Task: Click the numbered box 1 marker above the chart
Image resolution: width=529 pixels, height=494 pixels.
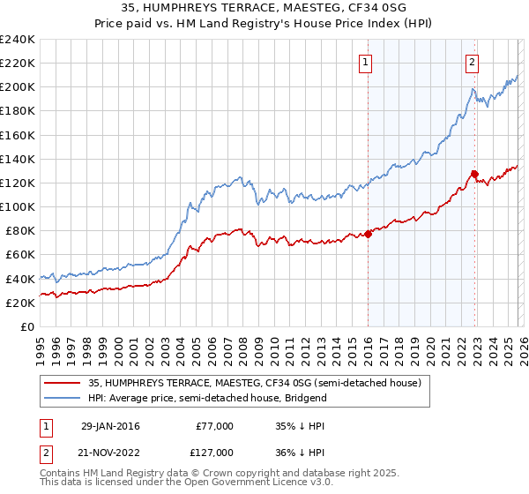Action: point(365,62)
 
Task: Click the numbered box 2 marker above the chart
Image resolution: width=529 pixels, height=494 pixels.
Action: point(473,62)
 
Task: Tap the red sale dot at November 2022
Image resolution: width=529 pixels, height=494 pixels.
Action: point(474,174)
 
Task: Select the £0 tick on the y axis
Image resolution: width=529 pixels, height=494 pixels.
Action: point(26,326)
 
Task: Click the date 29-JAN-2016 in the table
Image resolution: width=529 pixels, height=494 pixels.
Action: point(110,426)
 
